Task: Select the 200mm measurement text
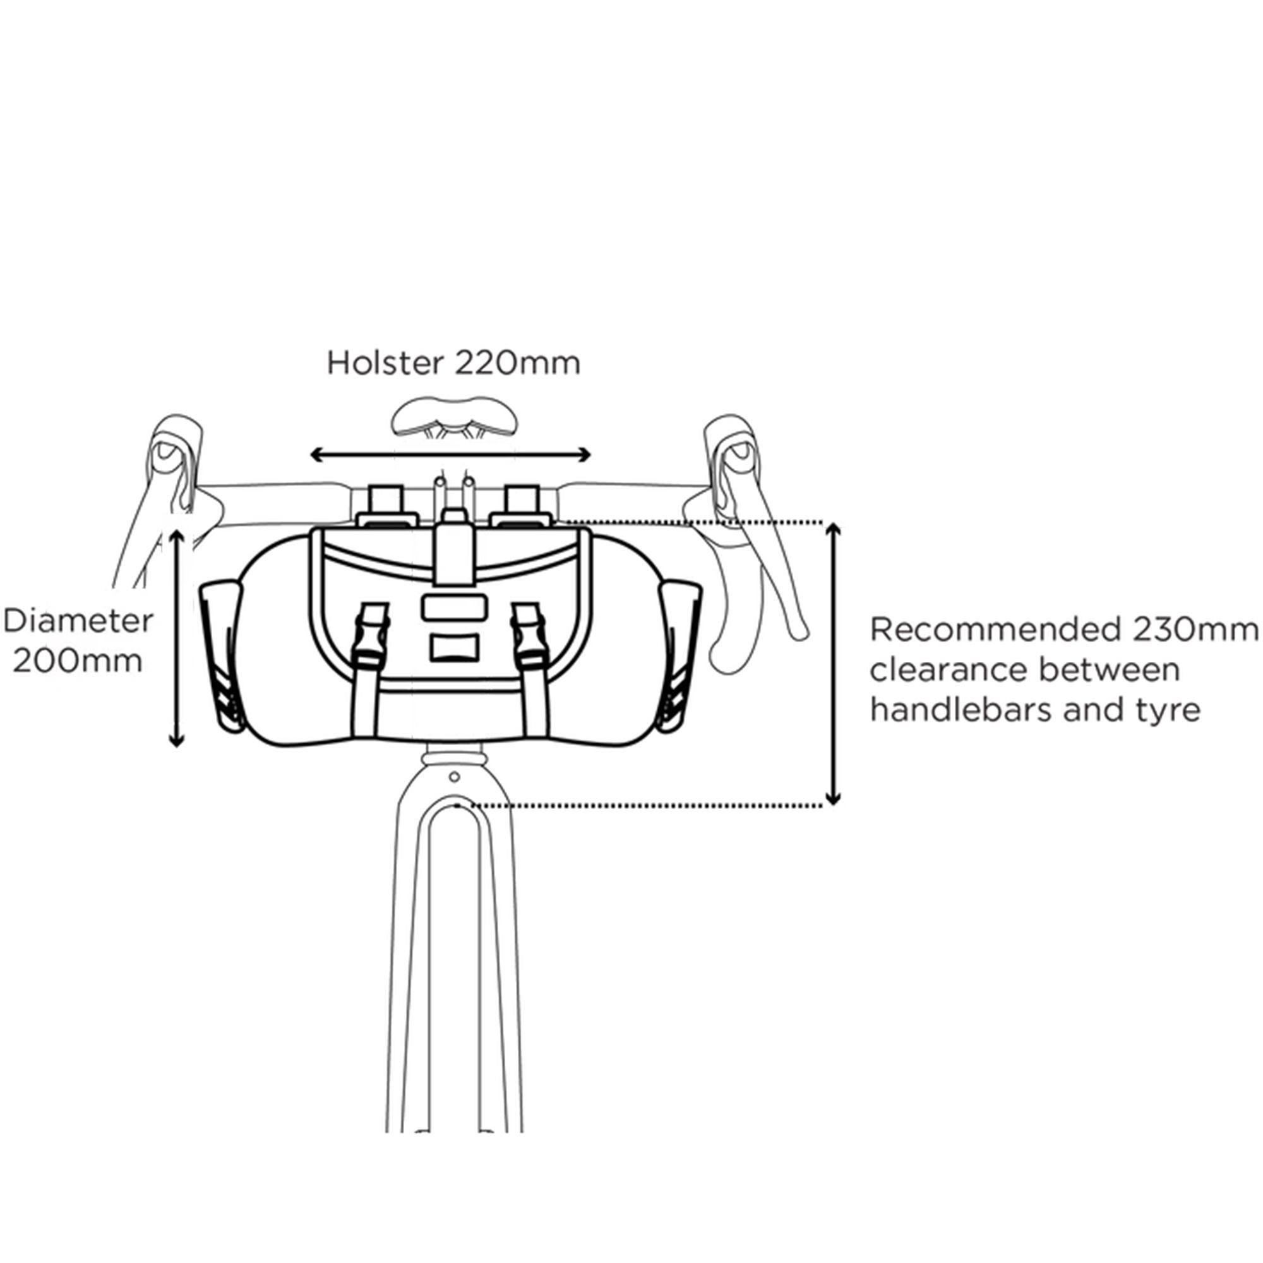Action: pyautogui.click(x=78, y=661)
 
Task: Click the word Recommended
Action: pyautogui.click(x=991, y=630)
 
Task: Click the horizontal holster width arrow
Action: pyautogui.click(x=450, y=455)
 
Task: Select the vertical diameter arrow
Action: pyautogui.click(x=177, y=637)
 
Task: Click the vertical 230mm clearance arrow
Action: pyautogui.click(x=833, y=664)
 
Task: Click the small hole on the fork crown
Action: pyautogui.click(x=454, y=777)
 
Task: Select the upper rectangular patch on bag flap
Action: pyautogui.click(x=453, y=608)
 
